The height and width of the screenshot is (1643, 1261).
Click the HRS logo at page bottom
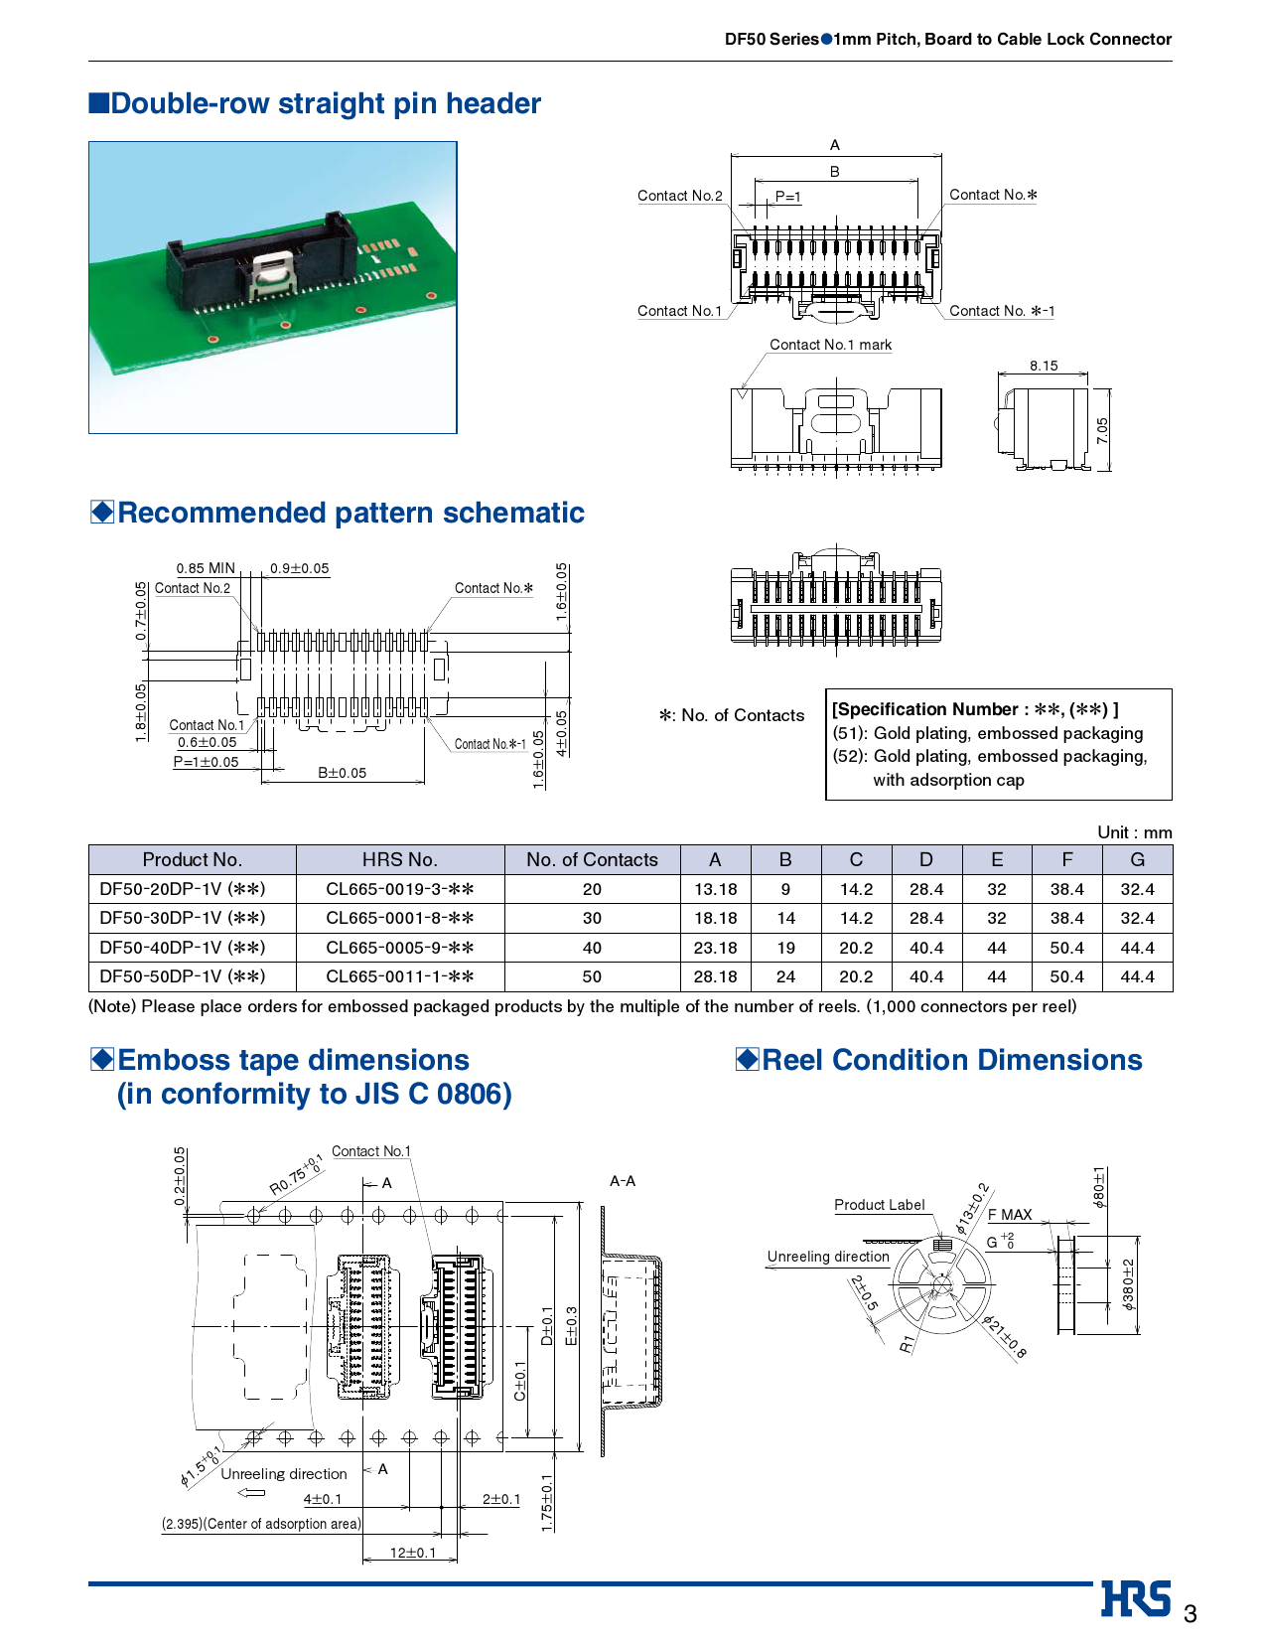1136,1598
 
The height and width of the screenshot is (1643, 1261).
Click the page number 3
1190,1613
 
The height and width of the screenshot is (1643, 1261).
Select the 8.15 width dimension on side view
1043,366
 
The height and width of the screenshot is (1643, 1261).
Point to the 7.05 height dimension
1103,430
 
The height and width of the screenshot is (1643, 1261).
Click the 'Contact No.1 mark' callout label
830,345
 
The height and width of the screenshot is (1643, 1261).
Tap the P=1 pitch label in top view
787,197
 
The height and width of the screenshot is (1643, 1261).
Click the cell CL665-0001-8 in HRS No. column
399,918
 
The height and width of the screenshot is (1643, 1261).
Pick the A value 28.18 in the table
715,976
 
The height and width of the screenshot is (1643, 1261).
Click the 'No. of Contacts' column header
592,859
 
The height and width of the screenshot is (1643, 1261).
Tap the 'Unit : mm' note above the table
1134,832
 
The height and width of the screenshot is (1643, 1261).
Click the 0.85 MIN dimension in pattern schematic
206,568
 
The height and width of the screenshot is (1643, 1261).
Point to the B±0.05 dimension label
342,773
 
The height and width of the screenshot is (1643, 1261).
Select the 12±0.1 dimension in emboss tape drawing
412,1553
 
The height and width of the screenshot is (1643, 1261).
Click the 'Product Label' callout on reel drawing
879,1205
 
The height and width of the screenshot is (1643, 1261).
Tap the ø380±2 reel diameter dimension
1128,1285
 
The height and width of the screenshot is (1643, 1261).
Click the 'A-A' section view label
623,1181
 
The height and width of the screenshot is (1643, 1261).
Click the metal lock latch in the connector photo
273,273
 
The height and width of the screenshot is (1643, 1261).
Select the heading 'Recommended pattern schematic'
350,513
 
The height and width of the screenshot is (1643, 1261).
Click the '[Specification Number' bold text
924,709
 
